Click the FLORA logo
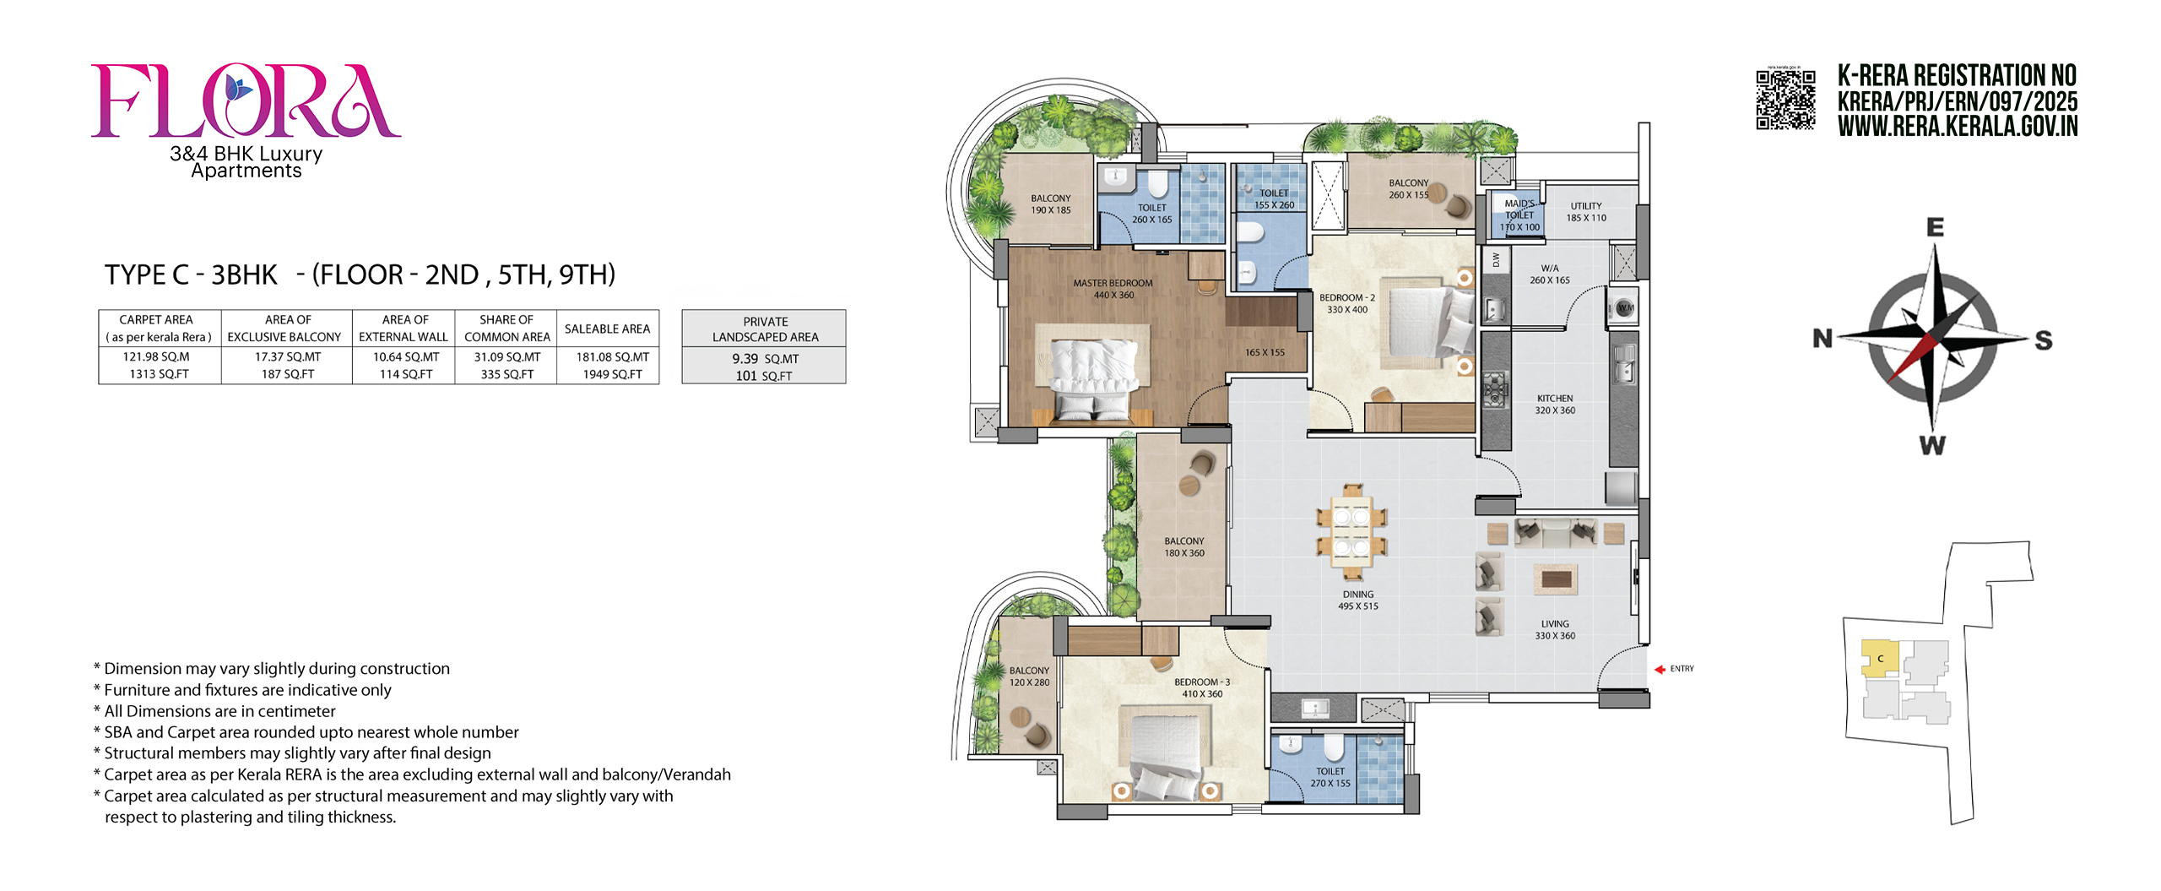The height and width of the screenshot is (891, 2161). [246, 101]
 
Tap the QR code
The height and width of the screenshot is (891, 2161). [1785, 100]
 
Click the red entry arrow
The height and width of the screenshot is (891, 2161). [1660, 669]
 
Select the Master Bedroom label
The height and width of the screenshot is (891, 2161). [1113, 289]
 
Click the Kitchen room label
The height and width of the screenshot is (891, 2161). [1555, 405]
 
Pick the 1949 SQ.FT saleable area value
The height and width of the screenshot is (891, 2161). [612, 374]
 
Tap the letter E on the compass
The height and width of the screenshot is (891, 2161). [1935, 227]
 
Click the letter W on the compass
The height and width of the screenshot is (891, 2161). [1932, 445]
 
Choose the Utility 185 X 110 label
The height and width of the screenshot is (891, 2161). [1586, 212]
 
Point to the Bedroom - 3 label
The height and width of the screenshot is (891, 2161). [1202, 687]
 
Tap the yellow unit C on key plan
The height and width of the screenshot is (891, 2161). [1880, 658]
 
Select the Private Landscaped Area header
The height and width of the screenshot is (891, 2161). [765, 329]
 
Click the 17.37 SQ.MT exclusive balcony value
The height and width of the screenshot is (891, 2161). [288, 357]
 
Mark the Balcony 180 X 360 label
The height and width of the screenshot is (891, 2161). [1184, 547]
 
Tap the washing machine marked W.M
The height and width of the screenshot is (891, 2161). [1625, 308]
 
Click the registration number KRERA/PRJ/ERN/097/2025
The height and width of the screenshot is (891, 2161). [1958, 102]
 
